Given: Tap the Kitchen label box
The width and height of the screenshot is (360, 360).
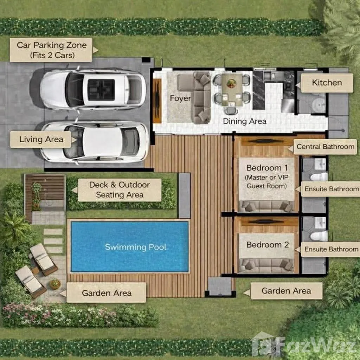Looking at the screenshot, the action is coord(327,83).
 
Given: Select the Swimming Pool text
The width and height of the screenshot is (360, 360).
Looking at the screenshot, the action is coord(135,247).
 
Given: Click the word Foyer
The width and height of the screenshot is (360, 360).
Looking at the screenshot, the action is coord(180,98).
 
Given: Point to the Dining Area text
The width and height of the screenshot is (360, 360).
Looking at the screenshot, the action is coord(245,121).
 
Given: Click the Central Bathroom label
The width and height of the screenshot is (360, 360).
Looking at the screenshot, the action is coord(325,147).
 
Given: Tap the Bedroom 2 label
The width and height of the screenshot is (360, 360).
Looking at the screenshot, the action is coord(268,245).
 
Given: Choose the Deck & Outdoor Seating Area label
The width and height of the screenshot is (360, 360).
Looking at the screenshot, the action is coord(120,190).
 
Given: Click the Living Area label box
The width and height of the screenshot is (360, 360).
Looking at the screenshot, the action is coord(41,139).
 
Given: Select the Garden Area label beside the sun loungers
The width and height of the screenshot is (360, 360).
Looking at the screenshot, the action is coord(106,292).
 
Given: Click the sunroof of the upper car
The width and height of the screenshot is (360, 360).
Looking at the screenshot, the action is coord(101,90).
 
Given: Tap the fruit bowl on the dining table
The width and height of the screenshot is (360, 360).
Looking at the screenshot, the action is coord(231,83).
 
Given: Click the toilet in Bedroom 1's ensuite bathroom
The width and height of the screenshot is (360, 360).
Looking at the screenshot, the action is coord(319,177).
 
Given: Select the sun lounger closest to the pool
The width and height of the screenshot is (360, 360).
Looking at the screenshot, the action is coord(43,259).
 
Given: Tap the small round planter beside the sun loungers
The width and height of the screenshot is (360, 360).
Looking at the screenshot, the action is coord(55,284).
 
